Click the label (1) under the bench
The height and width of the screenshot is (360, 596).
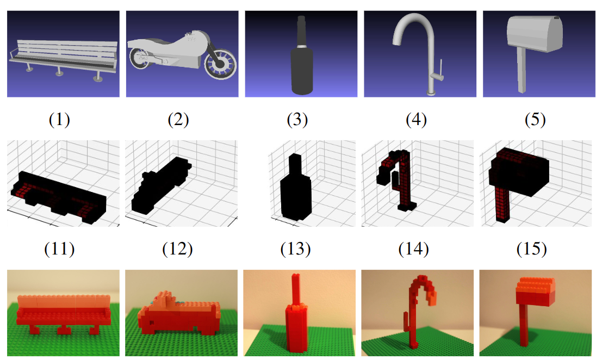59,120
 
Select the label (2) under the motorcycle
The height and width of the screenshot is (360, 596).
178,120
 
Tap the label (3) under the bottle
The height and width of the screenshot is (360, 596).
297,120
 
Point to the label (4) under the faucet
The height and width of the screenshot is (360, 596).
416,120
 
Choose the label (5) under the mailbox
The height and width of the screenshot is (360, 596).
535,120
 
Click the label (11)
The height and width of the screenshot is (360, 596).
59,249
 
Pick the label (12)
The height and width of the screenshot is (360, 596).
177,249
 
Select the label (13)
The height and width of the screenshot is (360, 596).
296,249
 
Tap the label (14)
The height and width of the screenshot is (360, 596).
413,249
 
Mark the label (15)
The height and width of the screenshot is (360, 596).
532,249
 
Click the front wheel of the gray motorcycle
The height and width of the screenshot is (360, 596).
220,64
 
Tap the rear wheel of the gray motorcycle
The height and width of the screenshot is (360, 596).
140,58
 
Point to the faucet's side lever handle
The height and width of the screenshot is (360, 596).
441,69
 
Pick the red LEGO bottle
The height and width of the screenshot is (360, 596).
295,315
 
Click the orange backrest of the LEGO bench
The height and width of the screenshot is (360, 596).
64,301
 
